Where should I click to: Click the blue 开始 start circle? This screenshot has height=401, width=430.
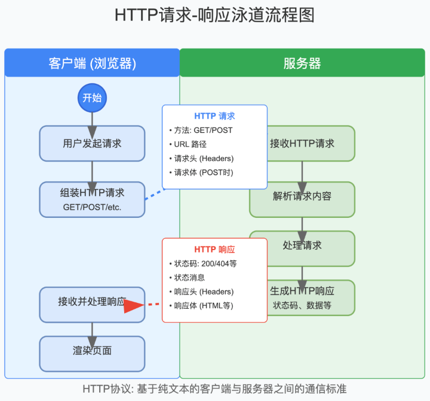tap(92, 98)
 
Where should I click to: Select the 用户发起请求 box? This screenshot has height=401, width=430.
tap(92, 144)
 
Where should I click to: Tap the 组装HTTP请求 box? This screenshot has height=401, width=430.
tap(92, 199)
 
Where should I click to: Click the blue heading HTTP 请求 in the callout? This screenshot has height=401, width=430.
tap(214, 116)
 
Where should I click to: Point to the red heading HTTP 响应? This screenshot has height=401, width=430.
tap(214, 249)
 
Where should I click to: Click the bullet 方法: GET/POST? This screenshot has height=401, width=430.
tap(203, 130)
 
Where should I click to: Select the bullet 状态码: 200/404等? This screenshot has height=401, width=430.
tap(207, 263)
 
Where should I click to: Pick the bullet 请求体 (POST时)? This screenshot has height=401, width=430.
tap(203, 173)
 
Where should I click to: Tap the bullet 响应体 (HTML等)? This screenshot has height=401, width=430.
tap(203, 306)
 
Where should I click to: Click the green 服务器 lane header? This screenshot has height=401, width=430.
tap(302, 63)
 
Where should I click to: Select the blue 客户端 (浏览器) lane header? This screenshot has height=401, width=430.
tap(92, 63)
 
